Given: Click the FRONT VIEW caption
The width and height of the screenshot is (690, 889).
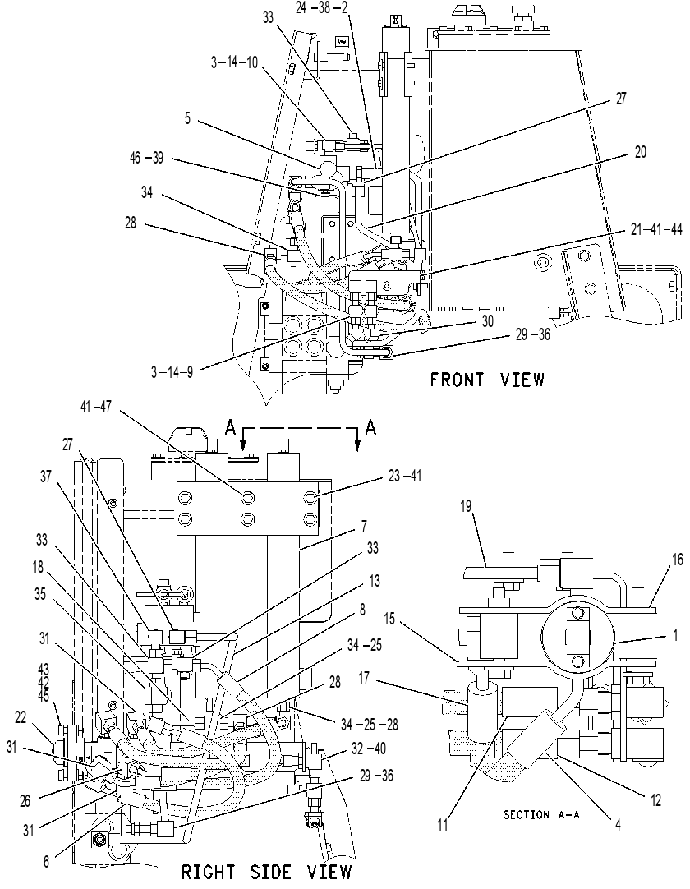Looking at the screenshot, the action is [487, 380].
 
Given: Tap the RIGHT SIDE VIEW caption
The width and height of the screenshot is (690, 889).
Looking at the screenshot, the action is [266, 872].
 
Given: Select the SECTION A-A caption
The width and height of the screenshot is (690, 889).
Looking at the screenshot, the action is [541, 815].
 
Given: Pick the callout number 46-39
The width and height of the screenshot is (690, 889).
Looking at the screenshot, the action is [146, 158].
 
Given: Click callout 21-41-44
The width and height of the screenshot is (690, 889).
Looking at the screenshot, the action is [655, 229].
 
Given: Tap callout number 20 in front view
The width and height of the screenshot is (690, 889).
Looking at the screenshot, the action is [640, 152].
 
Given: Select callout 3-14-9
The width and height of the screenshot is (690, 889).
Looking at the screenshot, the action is [172, 372].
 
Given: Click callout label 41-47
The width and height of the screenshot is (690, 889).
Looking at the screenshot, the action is [97, 406].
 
